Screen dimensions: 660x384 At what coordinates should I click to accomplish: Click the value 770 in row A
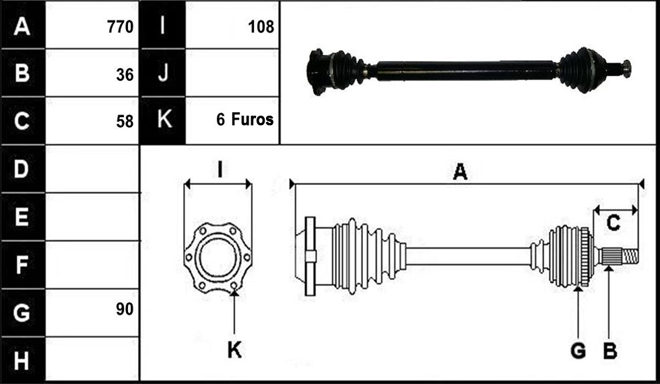point(121,27)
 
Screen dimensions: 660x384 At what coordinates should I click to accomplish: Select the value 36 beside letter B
point(125,75)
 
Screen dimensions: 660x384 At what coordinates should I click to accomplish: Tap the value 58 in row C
point(125,122)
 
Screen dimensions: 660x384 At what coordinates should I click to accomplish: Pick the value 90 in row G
point(125,309)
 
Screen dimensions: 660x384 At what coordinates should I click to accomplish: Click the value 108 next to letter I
point(261,27)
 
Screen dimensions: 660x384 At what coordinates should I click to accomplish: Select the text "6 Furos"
point(245,120)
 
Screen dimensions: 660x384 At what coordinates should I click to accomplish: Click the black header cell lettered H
point(23,360)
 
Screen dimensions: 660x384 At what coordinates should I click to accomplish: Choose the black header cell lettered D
point(23,169)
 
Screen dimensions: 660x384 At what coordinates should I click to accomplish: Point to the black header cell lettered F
point(23,265)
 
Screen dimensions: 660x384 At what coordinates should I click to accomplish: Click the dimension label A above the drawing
point(460,172)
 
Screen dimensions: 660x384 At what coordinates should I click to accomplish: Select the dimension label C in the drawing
point(614,223)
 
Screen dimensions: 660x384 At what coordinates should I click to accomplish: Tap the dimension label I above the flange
point(220,169)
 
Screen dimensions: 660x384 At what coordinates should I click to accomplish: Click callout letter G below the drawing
point(579,350)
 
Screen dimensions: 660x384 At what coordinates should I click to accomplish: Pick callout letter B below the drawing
point(610,350)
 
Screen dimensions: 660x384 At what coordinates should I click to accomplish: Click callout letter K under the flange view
point(234,350)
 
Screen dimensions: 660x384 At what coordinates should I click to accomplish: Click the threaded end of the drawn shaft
point(630,256)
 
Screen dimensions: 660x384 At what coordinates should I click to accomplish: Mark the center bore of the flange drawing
point(218,258)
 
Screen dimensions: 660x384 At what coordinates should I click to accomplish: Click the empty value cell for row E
point(92,217)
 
